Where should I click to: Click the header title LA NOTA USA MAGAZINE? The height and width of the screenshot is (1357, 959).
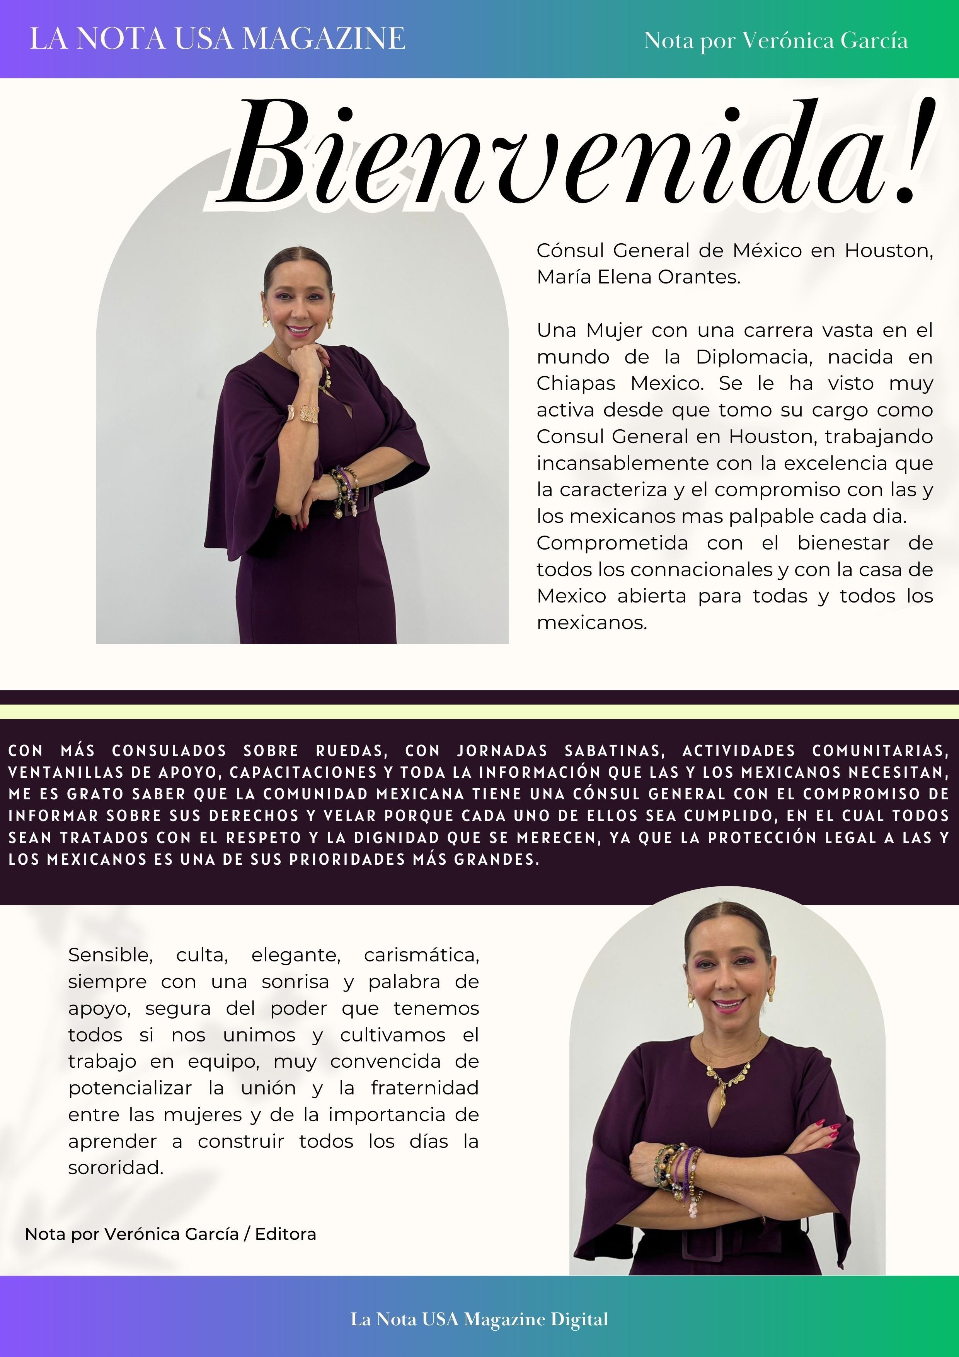pos(218,39)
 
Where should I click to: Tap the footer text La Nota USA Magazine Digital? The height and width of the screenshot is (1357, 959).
pos(479,1319)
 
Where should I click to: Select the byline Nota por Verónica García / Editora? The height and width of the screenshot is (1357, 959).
pos(170,1234)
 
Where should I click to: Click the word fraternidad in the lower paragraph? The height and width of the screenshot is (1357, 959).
pos(424,1087)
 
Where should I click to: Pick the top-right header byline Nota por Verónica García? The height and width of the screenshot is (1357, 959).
pos(775,40)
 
